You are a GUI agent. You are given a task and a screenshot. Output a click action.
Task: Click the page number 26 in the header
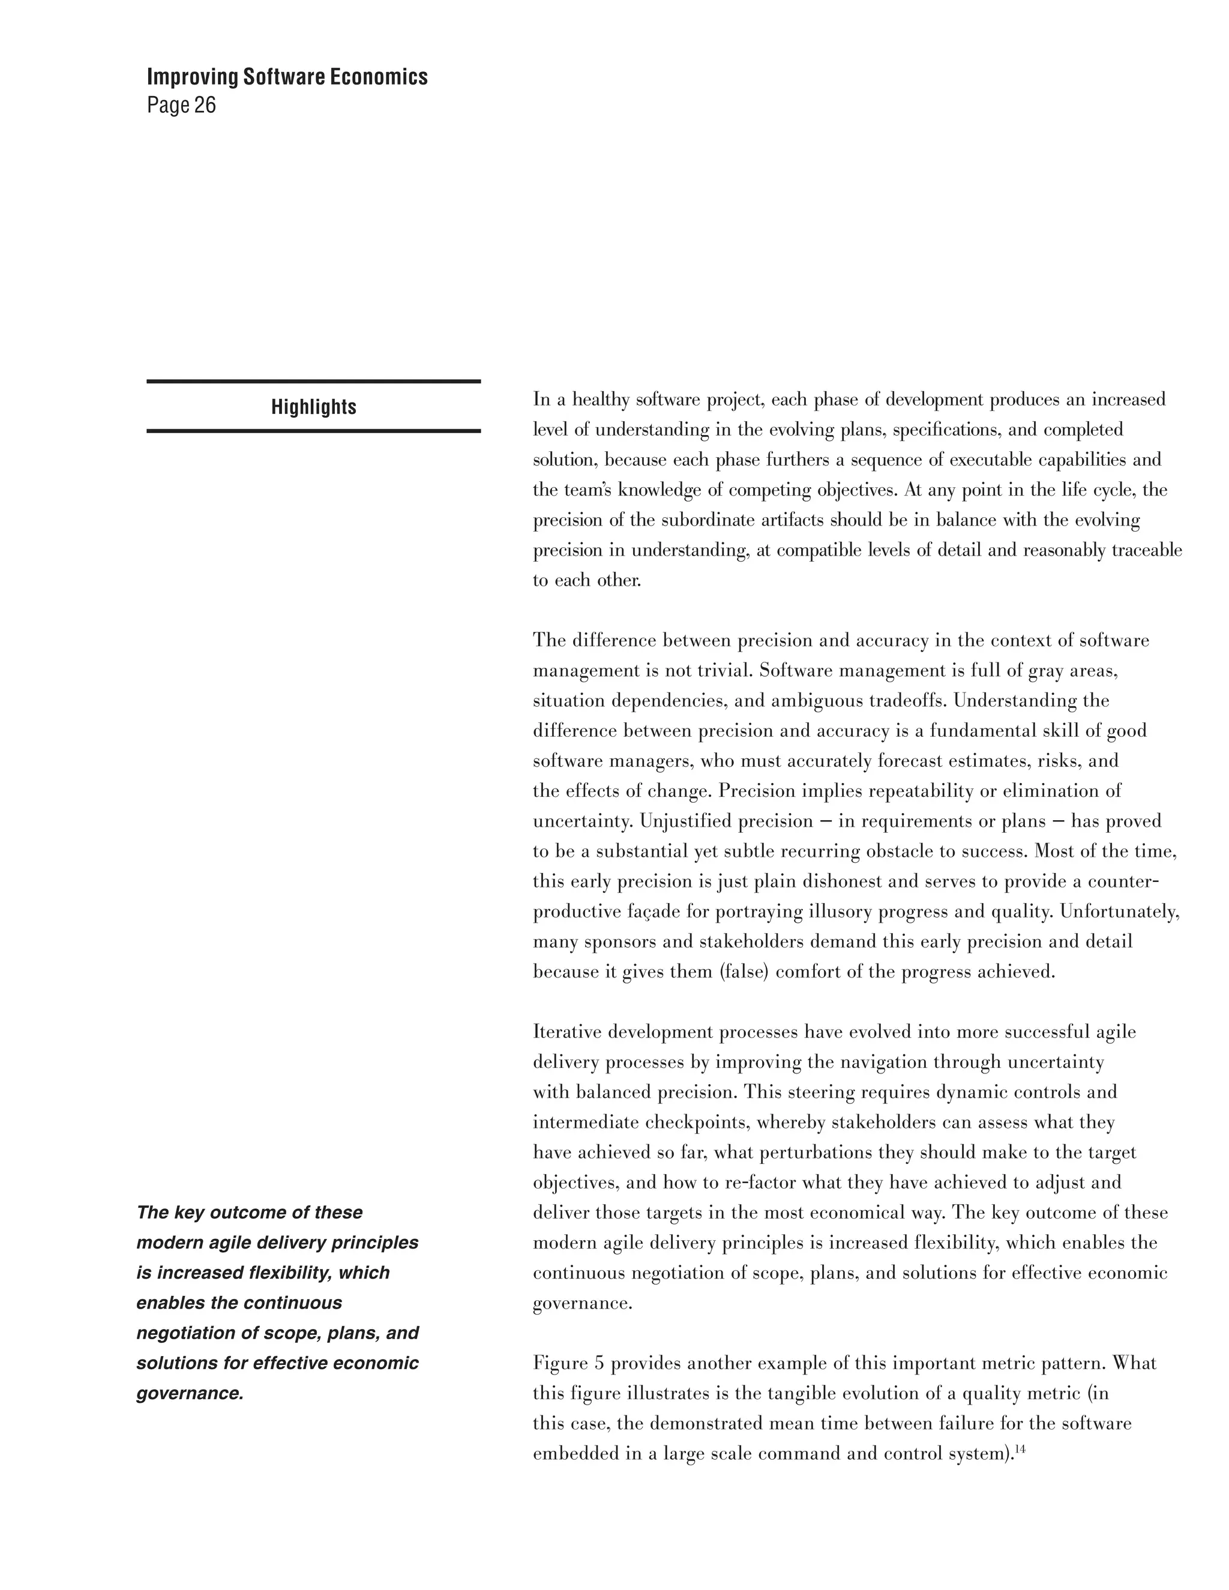[x=205, y=106]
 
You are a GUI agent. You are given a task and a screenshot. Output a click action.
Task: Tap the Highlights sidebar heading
[x=314, y=407]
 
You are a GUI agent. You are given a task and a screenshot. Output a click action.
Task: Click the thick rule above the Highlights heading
[x=314, y=381]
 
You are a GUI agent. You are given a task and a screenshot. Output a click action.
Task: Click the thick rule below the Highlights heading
[x=314, y=431]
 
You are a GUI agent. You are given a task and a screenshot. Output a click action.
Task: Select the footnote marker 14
[x=1020, y=1449]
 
